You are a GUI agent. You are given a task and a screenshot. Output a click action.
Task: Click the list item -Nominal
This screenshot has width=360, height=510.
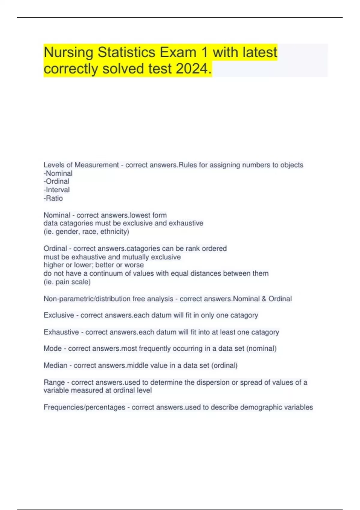tap(58, 173)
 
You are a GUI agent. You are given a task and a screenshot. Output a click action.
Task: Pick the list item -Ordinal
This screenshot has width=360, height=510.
tap(57, 181)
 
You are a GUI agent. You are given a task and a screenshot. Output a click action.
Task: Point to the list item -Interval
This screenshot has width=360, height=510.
tap(57, 190)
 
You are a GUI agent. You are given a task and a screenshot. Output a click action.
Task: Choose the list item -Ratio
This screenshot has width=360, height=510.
tap(53, 198)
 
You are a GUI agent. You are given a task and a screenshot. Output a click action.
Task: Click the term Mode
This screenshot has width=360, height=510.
tap(52, 349)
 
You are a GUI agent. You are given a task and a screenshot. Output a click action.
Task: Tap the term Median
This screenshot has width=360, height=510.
tap(55, 365)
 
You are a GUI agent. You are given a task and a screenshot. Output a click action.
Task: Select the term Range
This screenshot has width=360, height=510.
tap(54, 382)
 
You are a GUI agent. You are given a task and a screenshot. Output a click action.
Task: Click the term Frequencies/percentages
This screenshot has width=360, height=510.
tap(84, 407)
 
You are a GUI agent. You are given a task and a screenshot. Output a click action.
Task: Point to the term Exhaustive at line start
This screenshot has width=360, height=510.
tap(61, 332)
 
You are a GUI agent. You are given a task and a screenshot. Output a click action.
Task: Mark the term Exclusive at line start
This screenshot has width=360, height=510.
tap(59, 315)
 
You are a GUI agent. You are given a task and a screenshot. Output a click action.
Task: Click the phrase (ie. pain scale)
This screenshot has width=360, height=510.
tap(67, 282)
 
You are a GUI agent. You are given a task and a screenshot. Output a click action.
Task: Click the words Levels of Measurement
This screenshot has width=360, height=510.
tap(81, 165)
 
